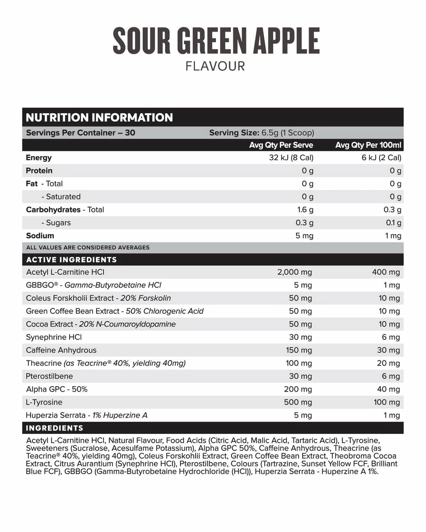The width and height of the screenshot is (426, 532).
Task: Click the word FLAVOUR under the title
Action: [215, 66]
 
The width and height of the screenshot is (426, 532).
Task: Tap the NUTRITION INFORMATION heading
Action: [99, 118]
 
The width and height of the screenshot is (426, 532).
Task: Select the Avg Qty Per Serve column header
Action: [281, 145]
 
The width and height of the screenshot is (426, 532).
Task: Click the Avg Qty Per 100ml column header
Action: [368, 145]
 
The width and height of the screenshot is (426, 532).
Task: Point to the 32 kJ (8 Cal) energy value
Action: [288, 158]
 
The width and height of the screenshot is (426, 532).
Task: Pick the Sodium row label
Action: [40, 235]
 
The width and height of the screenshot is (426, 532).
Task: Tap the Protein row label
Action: [39, 170]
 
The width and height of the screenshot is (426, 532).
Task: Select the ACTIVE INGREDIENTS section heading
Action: [71, 260]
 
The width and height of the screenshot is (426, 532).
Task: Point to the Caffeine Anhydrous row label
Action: [61, 350]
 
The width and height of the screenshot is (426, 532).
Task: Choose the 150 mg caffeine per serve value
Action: [299, 350]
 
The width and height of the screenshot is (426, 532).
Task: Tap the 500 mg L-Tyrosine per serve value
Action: [299, 402]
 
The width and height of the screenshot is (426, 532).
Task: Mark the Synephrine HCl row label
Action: [54, 337]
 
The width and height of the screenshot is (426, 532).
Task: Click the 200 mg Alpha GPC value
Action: [299, 389]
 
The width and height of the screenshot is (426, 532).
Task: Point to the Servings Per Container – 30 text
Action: [80, 133]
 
